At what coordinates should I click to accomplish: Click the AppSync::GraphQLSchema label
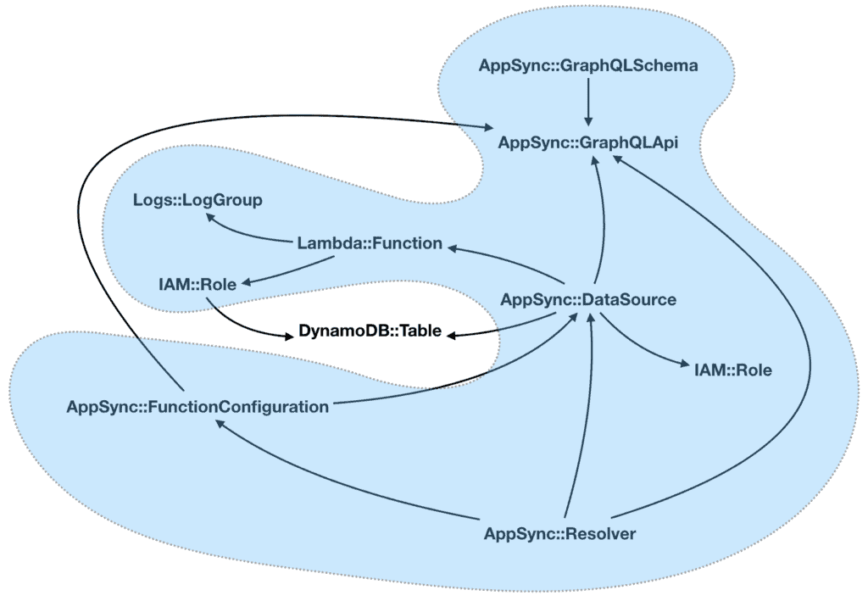588,65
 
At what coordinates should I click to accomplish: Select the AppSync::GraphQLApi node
588,142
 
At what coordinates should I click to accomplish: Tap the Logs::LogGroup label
198,201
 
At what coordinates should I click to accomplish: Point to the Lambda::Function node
370,244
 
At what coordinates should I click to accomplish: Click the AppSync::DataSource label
588,299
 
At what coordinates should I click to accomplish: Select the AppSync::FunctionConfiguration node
198,406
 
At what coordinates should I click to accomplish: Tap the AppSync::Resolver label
559,534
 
